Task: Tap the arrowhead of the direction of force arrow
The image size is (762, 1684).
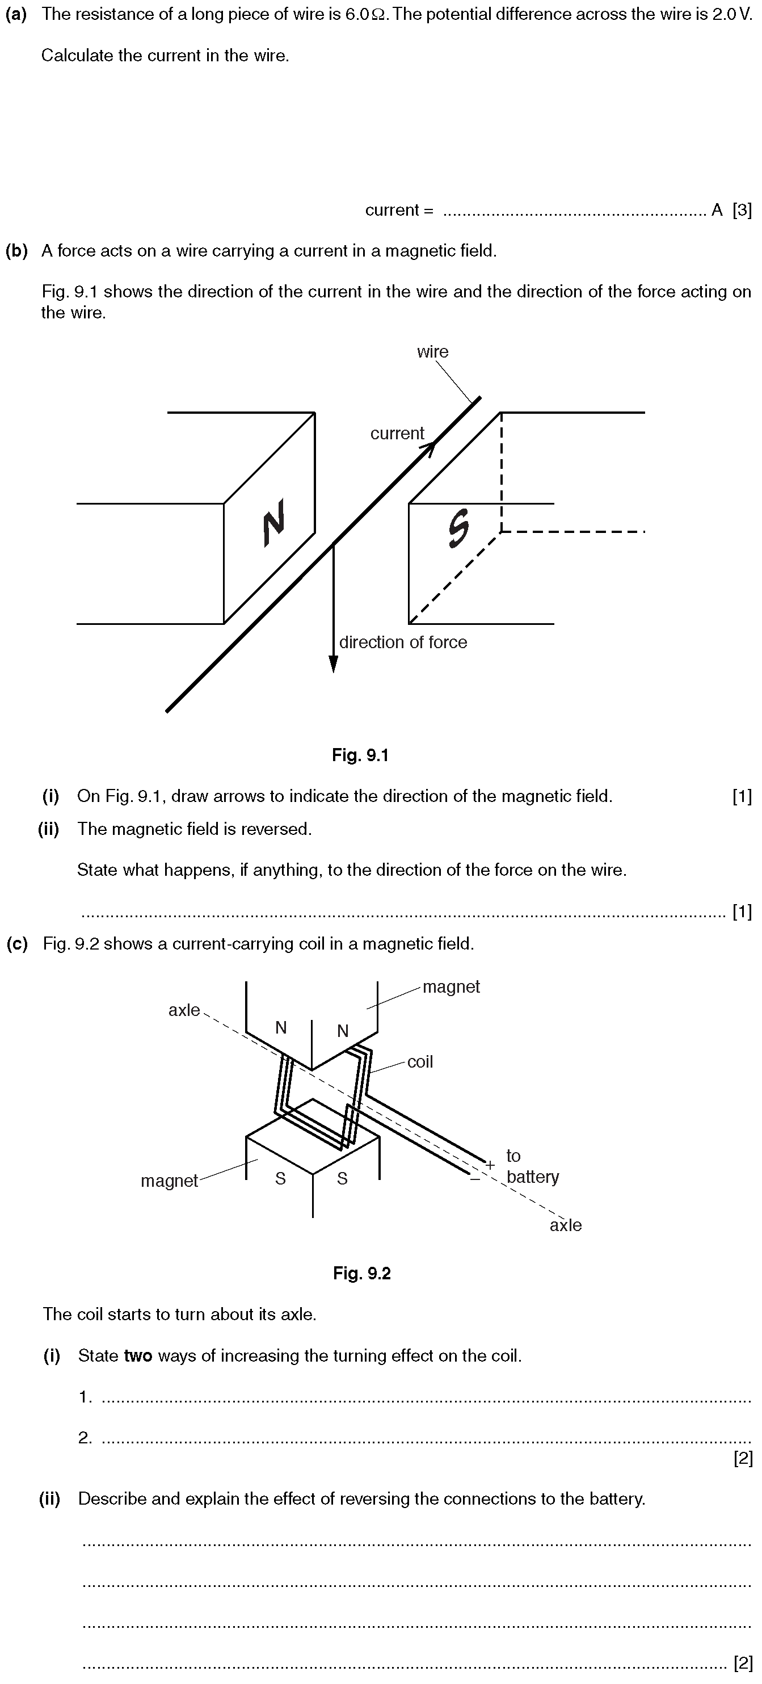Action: (333, 663)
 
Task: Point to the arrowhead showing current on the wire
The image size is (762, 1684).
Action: (429, 447)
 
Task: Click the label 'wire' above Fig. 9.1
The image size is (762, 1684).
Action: (432, 352)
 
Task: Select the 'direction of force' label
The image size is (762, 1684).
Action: (403, 642)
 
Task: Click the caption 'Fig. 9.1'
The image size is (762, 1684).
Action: (360, 755)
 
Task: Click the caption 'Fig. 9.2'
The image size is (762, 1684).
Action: (362, 1274)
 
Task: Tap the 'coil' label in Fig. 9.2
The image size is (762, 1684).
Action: (420, 1061)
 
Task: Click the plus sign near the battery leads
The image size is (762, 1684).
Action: (490, 1164)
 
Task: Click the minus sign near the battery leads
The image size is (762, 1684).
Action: (474, 1179)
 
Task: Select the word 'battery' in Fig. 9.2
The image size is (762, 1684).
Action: (533, 1177)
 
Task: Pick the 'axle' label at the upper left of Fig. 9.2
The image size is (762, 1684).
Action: (184, 1010)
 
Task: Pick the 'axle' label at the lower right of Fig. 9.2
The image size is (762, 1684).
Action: (565, 1225)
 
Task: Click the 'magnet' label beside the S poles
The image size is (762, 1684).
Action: (169, 1181)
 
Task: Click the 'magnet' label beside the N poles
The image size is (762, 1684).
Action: (451, 986)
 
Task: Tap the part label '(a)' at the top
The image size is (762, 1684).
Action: (16, 14)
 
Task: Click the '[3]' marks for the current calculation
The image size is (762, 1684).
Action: (742, 210)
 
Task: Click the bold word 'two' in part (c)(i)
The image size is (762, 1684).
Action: (138, 1355)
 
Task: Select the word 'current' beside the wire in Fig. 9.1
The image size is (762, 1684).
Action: (397, 434)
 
